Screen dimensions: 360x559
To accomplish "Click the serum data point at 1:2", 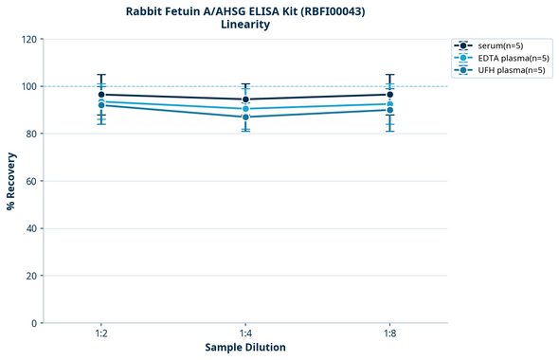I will (x=101, y=95).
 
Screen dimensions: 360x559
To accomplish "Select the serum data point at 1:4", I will (x=245, y=99).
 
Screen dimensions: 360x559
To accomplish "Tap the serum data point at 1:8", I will (x=389, y=95).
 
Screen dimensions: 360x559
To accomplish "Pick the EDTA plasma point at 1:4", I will (x=245, y=109).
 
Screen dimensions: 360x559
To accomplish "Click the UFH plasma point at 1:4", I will (x=245, y=117).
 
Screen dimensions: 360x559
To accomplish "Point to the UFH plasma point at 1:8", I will (x=389, y=110).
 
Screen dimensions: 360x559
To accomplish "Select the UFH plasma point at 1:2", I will (x=101, y=105).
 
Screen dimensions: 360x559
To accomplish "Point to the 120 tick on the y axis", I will (x=29, y=40).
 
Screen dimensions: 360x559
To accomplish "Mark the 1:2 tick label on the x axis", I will (x=101, y=334).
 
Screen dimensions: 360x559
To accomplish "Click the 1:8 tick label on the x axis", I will (x=389, y=334).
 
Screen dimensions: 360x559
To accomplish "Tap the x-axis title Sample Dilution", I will (x=245, y=348).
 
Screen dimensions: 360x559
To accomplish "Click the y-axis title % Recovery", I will (x=11, y=181).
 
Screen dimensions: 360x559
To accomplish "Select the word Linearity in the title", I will (x=245, y=25).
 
